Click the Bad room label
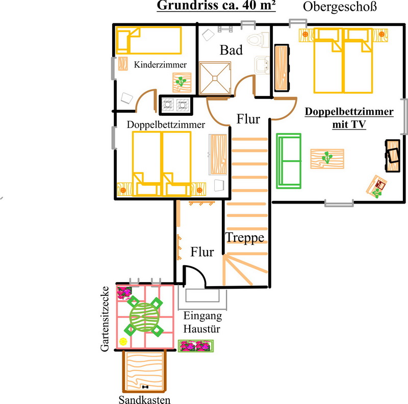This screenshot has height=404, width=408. [x=231, y=49]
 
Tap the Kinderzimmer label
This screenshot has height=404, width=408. [x=160, y=65]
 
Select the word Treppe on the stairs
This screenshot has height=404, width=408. [x=245, y=237]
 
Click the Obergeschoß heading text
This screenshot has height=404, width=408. [x=340, y=7]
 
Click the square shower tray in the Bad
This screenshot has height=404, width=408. [x=215, y=78]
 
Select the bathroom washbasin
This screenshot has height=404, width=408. [x=262, y=65]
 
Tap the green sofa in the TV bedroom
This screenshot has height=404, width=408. [x=289, y=161]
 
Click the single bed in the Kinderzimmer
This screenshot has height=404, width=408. [x=149, y=40]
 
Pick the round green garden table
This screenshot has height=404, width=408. [x=144, y=316]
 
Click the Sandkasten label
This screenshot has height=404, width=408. [x=144, y=399]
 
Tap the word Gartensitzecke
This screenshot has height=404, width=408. [x=105, y=319]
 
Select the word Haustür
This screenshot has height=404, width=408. [x=201, y=329]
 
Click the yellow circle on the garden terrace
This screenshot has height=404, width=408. [x=123, y=341]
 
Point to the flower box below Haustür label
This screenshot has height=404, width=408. [x=196, y=346]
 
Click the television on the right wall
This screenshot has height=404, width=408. [x=393, y=156]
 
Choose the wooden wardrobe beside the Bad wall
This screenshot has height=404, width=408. [x=282, y=68]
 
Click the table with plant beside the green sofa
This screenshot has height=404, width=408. [x=327, y=159]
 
